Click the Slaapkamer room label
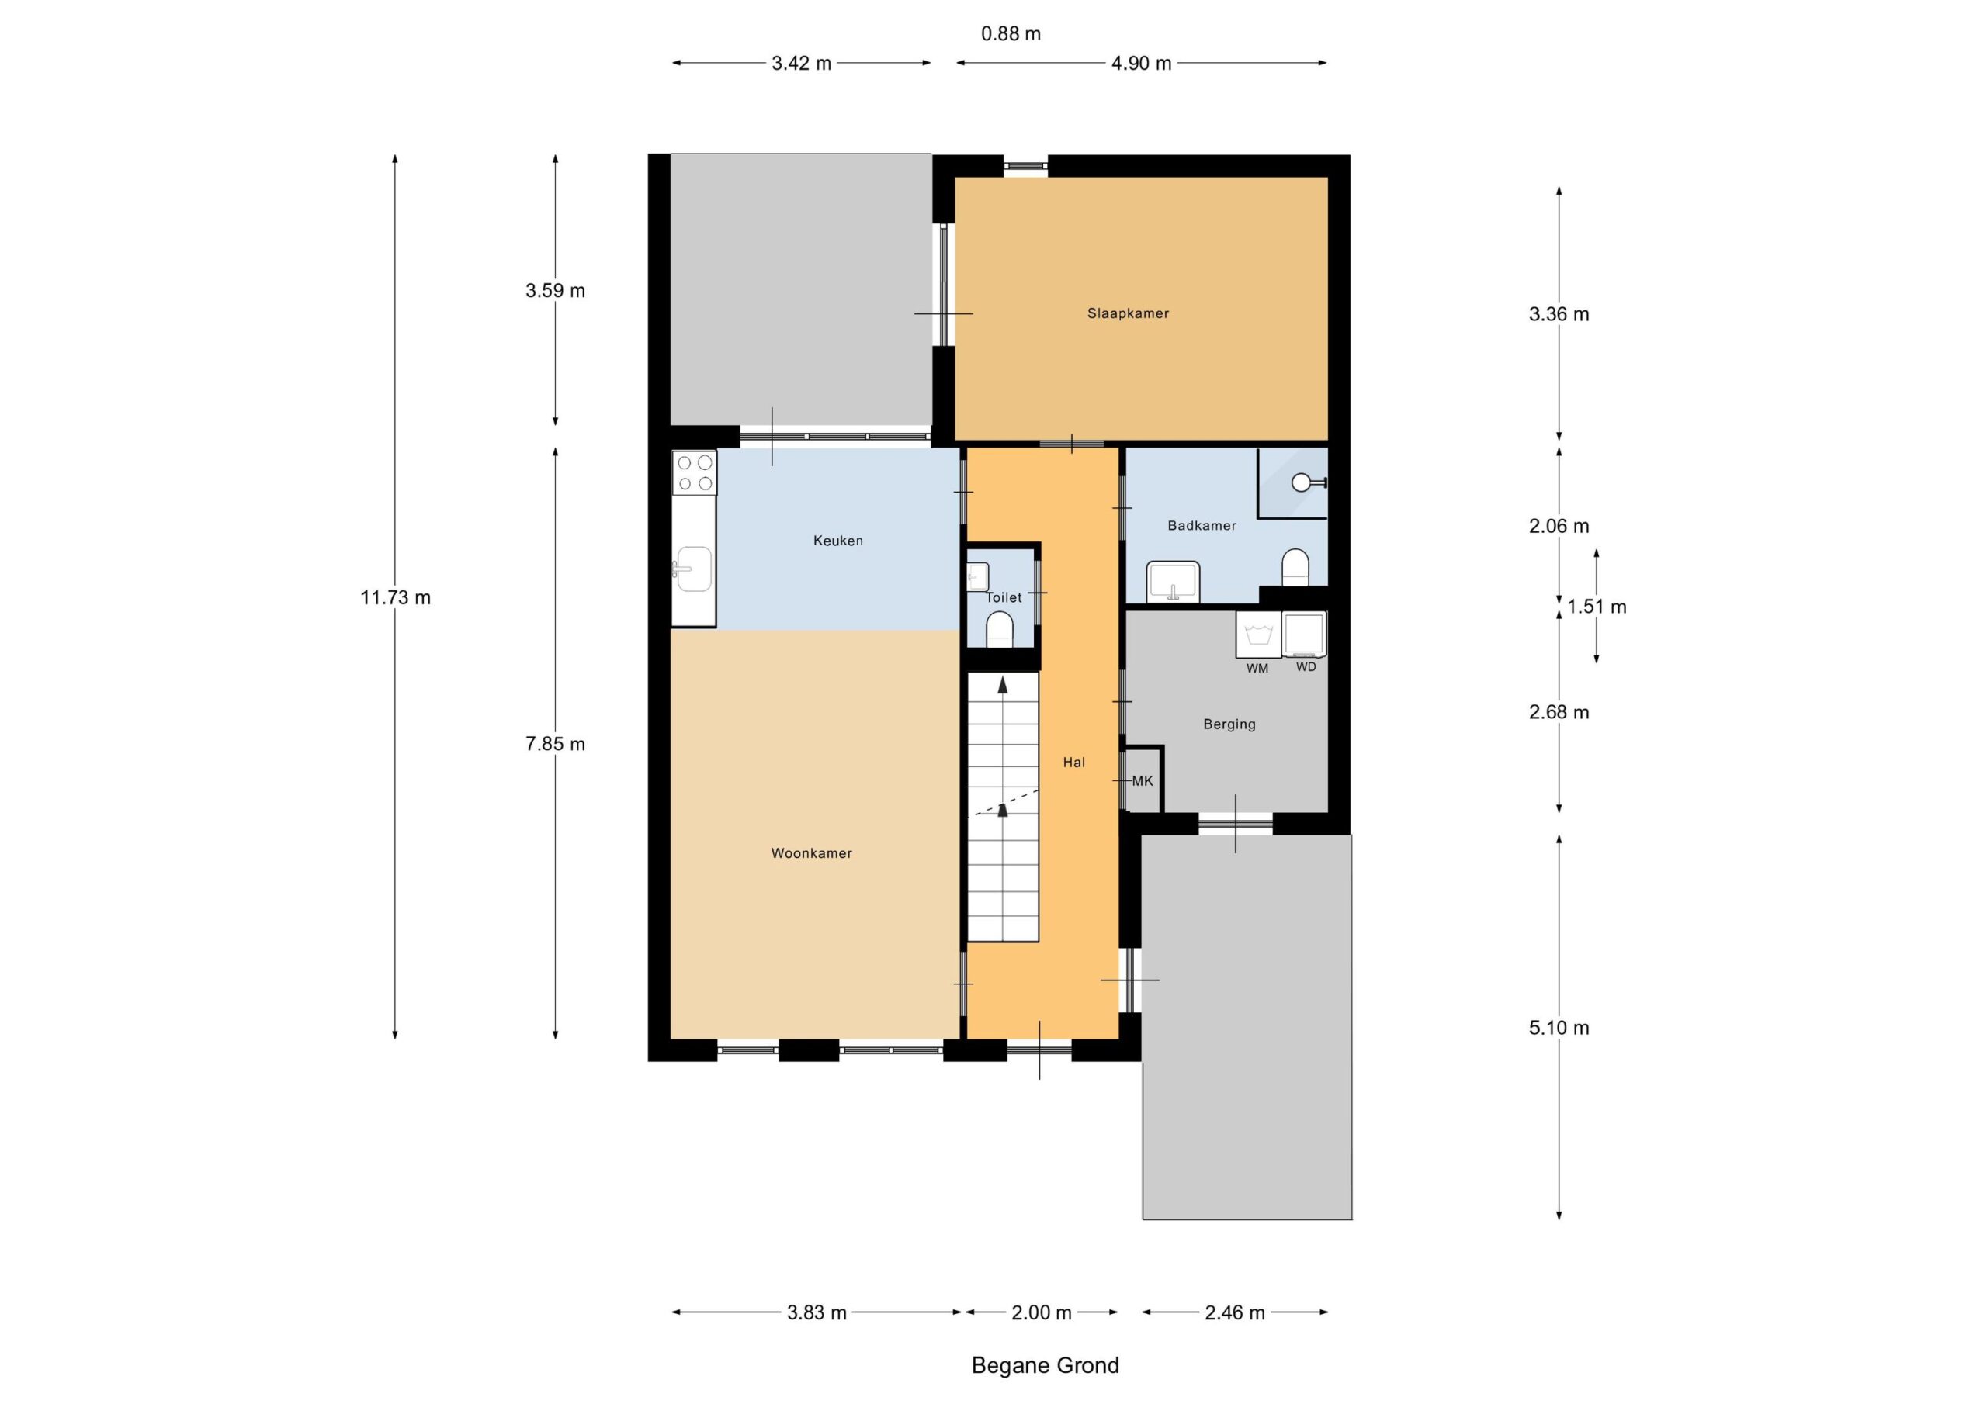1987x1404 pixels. click(1128, 313)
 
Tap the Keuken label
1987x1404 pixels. click(837, 541)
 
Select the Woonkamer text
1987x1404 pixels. click(812, 853)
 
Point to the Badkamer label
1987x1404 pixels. click(1202, 525)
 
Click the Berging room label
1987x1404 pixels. click(1229, 724)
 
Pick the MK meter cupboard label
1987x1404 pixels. click(1143, 780)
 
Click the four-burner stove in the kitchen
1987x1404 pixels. click(695, 472)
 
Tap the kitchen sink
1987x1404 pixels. click(693, 569)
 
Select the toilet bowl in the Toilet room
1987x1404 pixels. click(1000, 630)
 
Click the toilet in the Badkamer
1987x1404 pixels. click(1295, 566)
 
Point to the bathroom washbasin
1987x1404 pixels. click(1173, 580)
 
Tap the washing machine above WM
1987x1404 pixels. click(1257, 634)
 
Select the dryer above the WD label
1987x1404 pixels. click(1304, 634)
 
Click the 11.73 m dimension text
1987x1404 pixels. click(396, 598)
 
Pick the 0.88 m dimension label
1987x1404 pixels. click(1011, 33)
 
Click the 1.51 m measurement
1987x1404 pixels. click(1597, 607)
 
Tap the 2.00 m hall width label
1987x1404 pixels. click(1042, 1313)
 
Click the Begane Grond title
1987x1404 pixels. click(1046, 1365)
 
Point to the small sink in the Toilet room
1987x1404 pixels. click(978, 576)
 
